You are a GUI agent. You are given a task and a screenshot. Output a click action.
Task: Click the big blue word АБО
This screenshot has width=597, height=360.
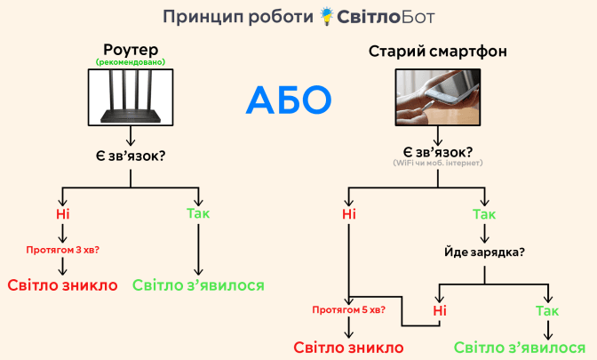pyautogui.click(x=288, y=100)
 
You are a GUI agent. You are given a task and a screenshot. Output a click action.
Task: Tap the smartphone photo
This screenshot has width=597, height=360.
pyautogui.click(x=437, y=97)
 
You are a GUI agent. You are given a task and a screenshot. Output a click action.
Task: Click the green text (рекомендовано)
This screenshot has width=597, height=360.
pyautogui.click(x=131, y=63)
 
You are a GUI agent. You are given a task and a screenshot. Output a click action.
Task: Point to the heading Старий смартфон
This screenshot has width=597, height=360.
pyautogui.click(x=438, y=52)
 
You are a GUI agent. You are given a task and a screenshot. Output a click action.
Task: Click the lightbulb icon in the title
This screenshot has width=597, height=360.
pyautogui.click(x=330, y=16)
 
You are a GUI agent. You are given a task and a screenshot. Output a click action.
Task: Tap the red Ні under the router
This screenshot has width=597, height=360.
pyautogui.click(x=61, y=214)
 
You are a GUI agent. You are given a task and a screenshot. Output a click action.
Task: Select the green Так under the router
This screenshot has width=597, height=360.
pyautogui.click(x=198, y=214)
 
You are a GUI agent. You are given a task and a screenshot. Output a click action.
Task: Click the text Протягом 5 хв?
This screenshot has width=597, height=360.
pyautogui.click(x=349, y=310)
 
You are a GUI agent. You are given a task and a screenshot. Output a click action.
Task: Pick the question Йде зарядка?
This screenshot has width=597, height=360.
pyautogui.click(x=484, y=252)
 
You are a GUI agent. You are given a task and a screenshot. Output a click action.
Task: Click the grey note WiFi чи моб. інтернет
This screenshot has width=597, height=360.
pyautogui.click(x=438, y=163)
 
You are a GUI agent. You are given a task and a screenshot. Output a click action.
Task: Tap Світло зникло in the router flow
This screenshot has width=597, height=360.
pyautogui.click(x=62, y=285)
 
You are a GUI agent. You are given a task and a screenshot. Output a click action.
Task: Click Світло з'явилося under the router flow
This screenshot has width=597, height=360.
pyautogui.click(x=198, y=285)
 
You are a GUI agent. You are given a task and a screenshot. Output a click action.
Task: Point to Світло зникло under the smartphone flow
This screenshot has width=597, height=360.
pyautogui.click(x=349, y=347)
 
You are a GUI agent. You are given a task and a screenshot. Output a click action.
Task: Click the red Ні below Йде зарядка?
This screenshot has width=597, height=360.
pyautogui.click(x=439, y=309)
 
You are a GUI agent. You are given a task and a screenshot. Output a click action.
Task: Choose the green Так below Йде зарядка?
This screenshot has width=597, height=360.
pyautogui.click(x=547, y=309)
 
